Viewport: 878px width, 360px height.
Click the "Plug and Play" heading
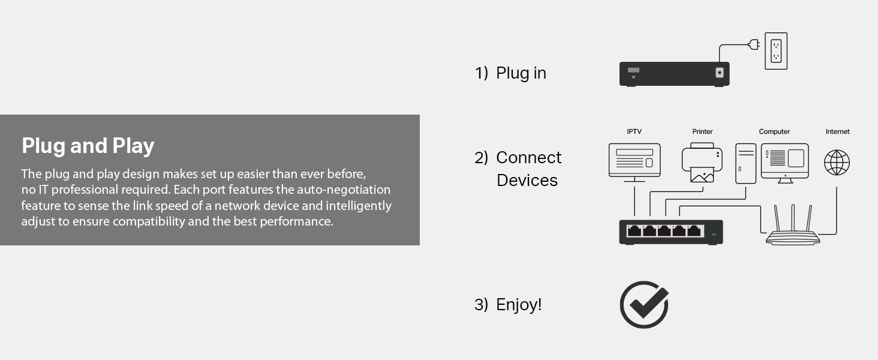88,146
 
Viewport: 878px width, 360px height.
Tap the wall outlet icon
776,51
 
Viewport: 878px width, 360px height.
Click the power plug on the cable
754,44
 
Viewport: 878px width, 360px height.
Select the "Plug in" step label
521,73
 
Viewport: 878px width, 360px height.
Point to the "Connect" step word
529,158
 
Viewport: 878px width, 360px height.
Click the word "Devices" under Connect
527,181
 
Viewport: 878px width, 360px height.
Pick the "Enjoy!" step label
519,305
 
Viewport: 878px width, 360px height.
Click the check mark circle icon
644,305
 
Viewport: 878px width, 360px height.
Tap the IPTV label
634,131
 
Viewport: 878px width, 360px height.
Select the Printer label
702,131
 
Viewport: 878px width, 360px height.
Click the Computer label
774,132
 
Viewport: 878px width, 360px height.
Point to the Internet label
838,131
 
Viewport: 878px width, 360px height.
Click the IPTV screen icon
635,163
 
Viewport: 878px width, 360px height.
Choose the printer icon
702,163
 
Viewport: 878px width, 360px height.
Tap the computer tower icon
745,164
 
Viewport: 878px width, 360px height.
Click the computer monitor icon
784,163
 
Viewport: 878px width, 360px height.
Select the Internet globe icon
837,163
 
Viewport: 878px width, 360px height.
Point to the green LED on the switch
714,235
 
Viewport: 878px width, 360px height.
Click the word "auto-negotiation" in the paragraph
344,190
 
